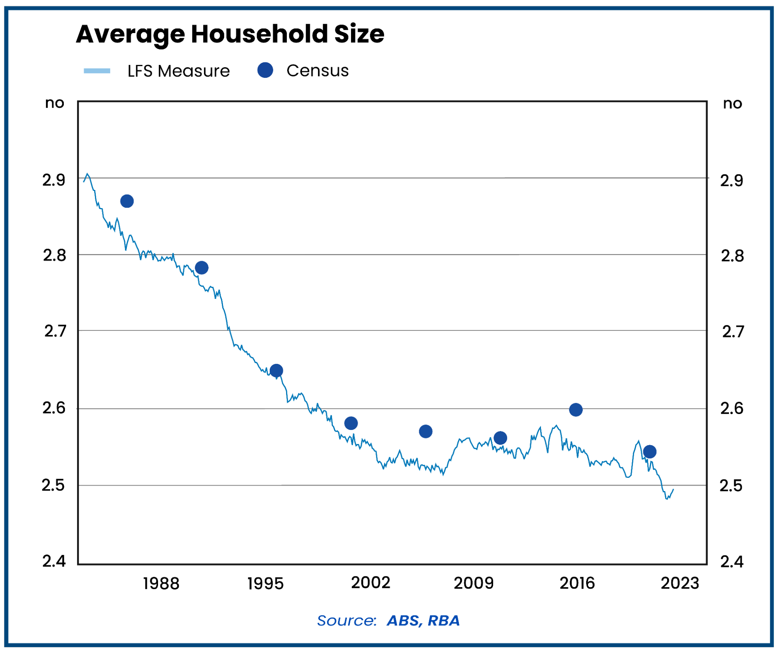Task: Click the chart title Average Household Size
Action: click(x=230, y=34)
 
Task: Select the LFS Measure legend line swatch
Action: click(x=97, y=71)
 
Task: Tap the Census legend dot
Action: click(x=265, y=70)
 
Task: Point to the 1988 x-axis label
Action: click(x=161, y=583)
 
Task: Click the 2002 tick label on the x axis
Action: click(x=370, y=583)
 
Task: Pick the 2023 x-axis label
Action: click(x=680, y=583)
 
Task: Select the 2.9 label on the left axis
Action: click(x=54, y=180)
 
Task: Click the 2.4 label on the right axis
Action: click(x=731, y=562)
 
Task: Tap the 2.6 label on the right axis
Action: click(x=731, y=408)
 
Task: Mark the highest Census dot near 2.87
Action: click(x=127, y=201)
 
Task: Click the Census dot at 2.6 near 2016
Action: click(x=575, y=410)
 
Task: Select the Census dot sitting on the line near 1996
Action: click(x=276, y=370)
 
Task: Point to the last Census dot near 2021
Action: click(x=649, y=452)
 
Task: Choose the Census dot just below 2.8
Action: click(x=201, y=268)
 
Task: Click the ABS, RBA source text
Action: click(x=423, y=621)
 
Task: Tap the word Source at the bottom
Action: click(x=346, y=621)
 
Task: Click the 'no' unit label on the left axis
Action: click(x=54, y=103)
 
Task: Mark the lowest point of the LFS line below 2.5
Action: click(x=667, y=498)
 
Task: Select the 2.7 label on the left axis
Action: click(x=55, y=331)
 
